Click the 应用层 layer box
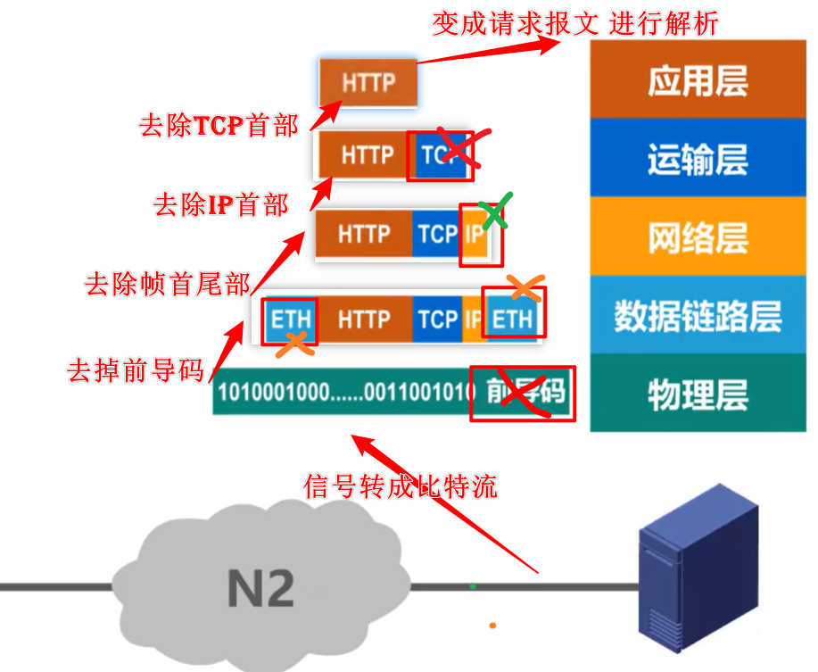pos(698,82)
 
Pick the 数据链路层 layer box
pos(698,315)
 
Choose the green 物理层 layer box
pos(698,393)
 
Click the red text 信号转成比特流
pos(401,485)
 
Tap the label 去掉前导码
pos(136,370)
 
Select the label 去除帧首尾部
pos(168,285)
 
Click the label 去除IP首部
pos(221,206)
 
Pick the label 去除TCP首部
pos(219,125)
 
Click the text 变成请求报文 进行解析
pos(575,24)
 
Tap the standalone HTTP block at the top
pos(368,83)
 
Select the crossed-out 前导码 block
pos(523,393)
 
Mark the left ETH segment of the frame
pos(290,319)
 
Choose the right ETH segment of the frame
pos(513,319)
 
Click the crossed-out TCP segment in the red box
pos(439,155)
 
